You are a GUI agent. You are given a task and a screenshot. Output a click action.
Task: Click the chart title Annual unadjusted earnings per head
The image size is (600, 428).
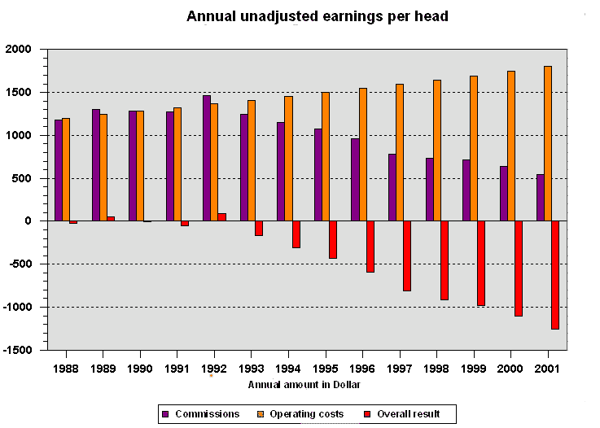318,16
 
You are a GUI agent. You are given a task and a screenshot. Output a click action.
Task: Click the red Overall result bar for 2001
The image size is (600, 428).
555,275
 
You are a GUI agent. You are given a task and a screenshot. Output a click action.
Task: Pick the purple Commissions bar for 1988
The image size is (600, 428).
59,170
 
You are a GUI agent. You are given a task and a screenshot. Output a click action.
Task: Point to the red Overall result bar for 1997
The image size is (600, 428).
407,255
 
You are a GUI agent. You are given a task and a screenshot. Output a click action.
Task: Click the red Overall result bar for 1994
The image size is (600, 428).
296,234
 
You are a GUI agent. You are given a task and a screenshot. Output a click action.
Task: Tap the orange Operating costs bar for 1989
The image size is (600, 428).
103,168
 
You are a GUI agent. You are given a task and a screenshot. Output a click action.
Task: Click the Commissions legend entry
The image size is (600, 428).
201,414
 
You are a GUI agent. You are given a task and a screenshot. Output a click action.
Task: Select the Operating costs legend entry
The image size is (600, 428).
300,414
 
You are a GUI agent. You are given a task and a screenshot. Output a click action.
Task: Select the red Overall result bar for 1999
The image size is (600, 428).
481,264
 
